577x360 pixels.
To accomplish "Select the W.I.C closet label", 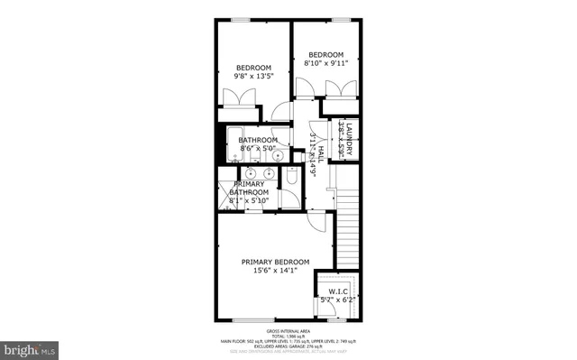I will (338, 291).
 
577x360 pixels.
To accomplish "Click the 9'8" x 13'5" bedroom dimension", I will (253, 77).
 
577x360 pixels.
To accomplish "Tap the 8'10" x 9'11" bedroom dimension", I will (325, 63).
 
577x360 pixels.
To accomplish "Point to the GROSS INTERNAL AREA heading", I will (288, 332).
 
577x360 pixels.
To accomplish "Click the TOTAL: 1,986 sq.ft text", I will (288, 337).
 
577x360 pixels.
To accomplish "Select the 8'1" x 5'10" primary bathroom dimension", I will (249, 200).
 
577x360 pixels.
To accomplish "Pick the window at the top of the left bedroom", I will (241, 20).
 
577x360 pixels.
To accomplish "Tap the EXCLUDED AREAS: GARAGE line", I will (288, 346).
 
